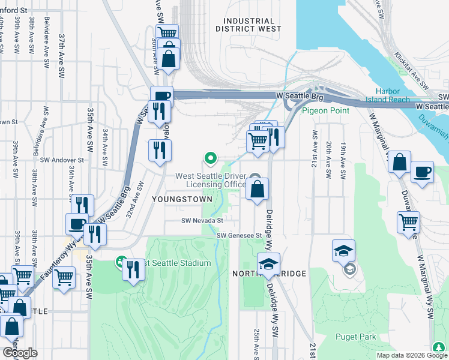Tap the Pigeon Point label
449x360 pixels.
[x=325, y=110]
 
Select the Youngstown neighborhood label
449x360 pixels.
[x=182, y=199]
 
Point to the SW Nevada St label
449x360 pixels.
[x=203, y=220]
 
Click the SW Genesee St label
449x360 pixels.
[x=240, y=236]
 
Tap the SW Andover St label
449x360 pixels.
[x=62, y=160]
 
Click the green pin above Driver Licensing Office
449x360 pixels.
[x=210, y=158]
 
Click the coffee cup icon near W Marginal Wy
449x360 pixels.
[x=422, y=172]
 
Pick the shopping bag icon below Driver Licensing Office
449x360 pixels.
[x=257, y=190]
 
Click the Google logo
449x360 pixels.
[x=19, y=353]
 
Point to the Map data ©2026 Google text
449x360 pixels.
[x=411, y=355]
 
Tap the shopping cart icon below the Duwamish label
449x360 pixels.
[x=408, y=221]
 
